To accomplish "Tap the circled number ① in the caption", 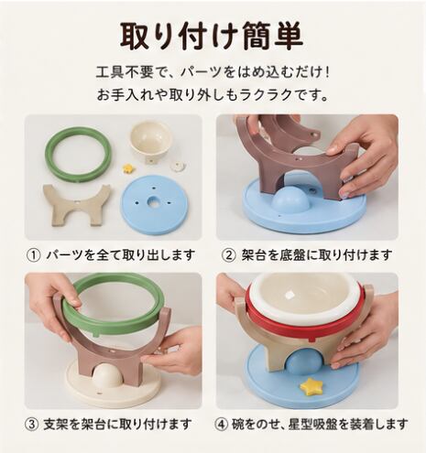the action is click(x=34, y=255).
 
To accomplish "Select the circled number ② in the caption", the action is click(x=229, y=255).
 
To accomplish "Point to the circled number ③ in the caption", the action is click(x=32, y=424).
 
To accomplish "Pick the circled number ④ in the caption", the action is click(x=221, y=424).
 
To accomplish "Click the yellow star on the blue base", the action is click(x=311, y=385).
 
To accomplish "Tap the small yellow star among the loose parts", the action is click(x=127, y=168).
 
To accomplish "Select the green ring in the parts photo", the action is click(x=79, y=155).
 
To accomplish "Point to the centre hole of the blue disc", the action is click(x=152, y=201).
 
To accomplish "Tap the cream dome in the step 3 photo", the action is click(x=108, y=375).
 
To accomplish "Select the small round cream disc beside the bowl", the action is click(x=178, y=167).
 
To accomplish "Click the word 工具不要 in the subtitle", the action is click(x=125, y=74).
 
